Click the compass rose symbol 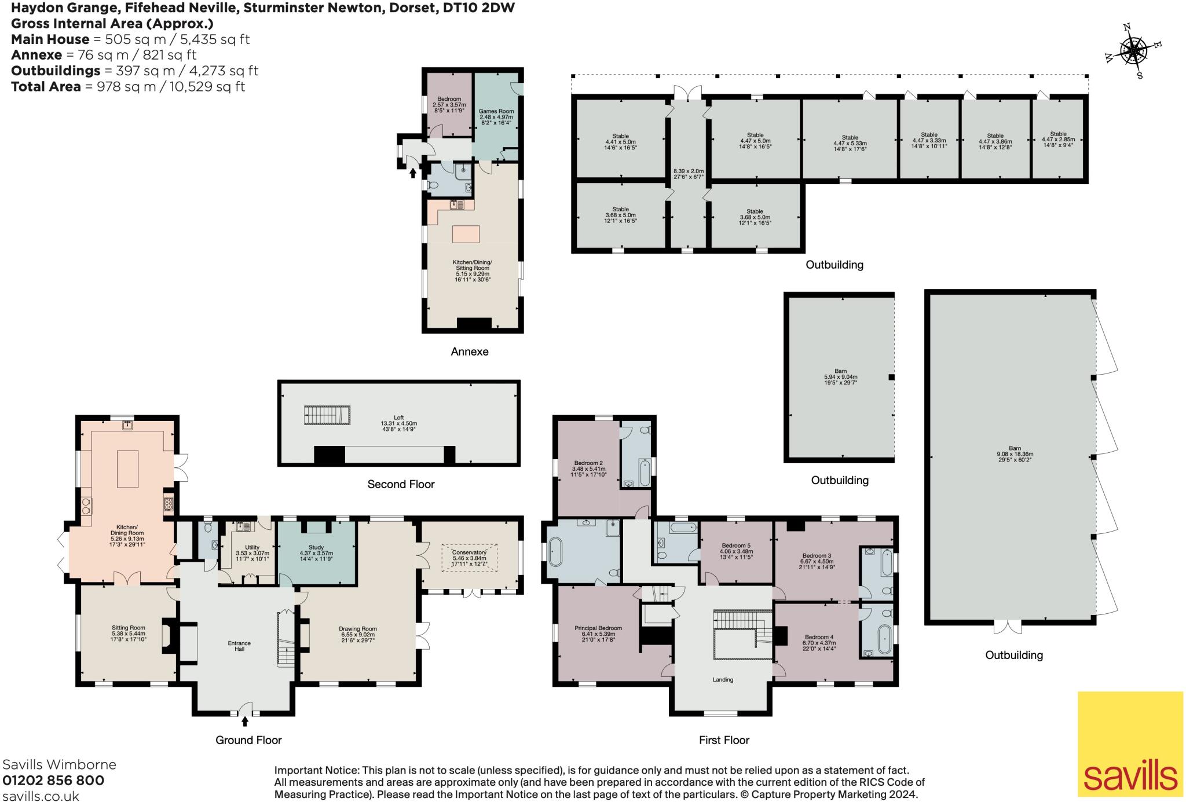[1133, 52]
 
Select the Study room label [316, 547]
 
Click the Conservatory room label [470, 552]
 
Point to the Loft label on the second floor [399, 418]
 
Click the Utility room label [252, 547]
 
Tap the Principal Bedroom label [598, 628]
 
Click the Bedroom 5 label [736, 545]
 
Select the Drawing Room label [358, 629]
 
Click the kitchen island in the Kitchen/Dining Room [127, 469]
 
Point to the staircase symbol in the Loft [327, 415]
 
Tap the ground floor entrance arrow [245, 721]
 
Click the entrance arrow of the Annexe [413, 172]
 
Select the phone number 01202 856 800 [53, 780]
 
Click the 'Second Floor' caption [401, 484]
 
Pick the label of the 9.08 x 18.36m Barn [1015, 451]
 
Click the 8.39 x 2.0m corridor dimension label [689, 174]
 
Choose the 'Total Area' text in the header [46, 87]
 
